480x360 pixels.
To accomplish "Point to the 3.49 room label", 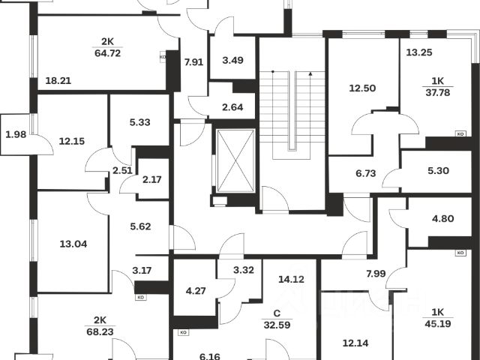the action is click(232, 60).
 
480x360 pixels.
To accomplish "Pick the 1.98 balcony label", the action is click(16, 134).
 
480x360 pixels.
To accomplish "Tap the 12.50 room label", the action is click(364, 89).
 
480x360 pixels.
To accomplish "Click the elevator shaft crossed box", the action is click(235, 161).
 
